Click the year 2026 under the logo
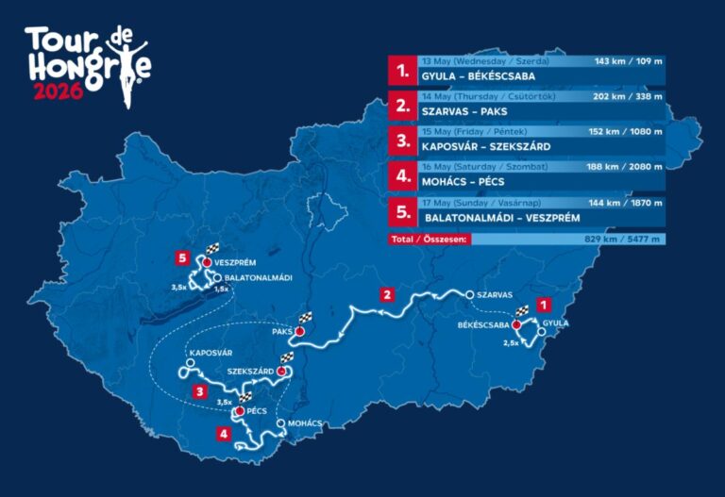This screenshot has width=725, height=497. (59, 92)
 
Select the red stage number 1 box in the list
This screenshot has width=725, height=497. (403, 70)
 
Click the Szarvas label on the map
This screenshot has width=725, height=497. (494, 295)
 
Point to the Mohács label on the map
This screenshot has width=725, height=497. (304, 423)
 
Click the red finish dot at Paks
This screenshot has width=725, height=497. (300, 332)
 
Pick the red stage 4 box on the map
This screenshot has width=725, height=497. (223, 434)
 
